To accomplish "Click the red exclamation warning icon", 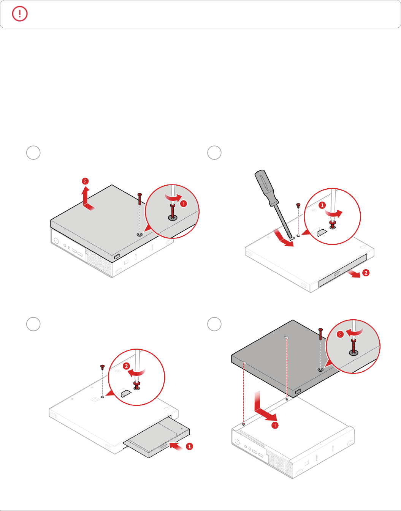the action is pos(20,14).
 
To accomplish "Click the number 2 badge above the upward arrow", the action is pos(85,181).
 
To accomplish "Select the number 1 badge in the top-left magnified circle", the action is pos(184,203).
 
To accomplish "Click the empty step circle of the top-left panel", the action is pos(33,153).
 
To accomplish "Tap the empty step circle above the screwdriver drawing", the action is pos(214,153).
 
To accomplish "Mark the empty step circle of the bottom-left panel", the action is pos(33,324).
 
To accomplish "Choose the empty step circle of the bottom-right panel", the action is pos(214,324).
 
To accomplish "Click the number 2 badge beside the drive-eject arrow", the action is pos(366,273).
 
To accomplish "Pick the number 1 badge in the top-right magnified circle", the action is pos(322,205).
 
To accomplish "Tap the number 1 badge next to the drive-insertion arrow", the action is pos(189,446).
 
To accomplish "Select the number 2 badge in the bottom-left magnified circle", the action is pos(126,366).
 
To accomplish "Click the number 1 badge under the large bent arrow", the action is pos(275,425).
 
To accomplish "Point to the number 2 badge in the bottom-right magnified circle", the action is pos(340,334).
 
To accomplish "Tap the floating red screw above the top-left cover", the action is pos(139,199).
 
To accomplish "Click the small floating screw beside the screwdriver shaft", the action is pos(298,205).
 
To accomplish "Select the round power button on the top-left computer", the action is pos(56,241).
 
